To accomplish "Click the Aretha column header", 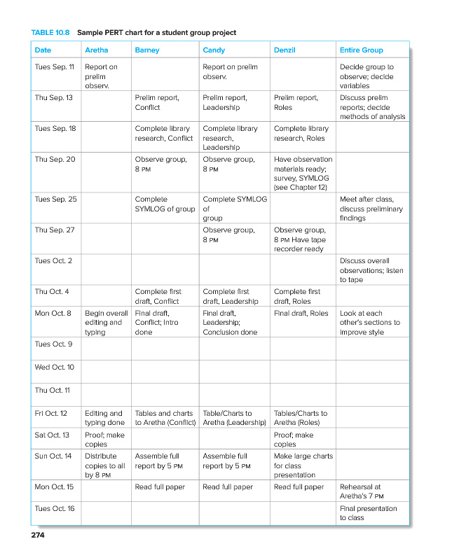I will tap(96, 50).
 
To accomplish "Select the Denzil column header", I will tap(285, 50).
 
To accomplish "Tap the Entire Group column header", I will tap(361, 50).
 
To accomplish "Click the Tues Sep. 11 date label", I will tap(54, 67).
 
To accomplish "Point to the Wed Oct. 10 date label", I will tap(54, 367).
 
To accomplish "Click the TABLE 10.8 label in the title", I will tap(50, 32).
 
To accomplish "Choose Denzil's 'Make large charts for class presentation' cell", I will tap(303, 465).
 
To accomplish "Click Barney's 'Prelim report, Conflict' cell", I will tap(157, 102).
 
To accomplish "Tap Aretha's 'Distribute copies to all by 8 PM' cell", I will tap(104, 465).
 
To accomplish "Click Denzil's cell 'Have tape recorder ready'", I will tap(299, 239).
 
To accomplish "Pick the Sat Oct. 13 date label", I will tap(53, 435).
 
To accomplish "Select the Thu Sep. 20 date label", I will tap(54, 160).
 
